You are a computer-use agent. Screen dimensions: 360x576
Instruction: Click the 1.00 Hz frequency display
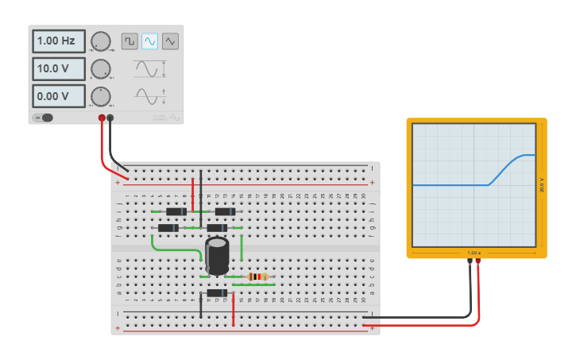click(58, 40)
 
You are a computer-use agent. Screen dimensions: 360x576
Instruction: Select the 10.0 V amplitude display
click(58, 68)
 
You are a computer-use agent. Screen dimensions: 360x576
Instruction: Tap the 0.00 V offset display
click(58, 97)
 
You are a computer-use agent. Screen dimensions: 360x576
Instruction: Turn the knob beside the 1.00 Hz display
click(101, 41)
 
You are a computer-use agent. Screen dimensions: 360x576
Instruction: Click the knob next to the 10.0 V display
click(101, 69)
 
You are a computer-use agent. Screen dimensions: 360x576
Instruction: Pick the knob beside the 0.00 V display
click(101, 97)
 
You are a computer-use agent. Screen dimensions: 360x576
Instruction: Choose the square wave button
click(129, 41)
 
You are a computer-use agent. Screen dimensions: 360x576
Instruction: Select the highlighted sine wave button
click(149, 41)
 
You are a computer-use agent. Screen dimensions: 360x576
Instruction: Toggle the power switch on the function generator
click(43, 118)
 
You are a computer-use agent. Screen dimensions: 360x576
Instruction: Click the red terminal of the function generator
click(102, 118)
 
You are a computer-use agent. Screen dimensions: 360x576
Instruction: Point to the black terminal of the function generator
click(110, 118)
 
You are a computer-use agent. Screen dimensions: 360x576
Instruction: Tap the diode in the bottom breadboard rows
click(216, 293)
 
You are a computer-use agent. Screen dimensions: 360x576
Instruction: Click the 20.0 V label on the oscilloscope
click(541, 185)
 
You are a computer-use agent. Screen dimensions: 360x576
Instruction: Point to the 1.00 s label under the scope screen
click(474, 253)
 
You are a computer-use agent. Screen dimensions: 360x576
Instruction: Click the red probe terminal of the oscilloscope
click(478, 261)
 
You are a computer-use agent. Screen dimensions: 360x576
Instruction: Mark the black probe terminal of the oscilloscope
click(470, 261)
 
